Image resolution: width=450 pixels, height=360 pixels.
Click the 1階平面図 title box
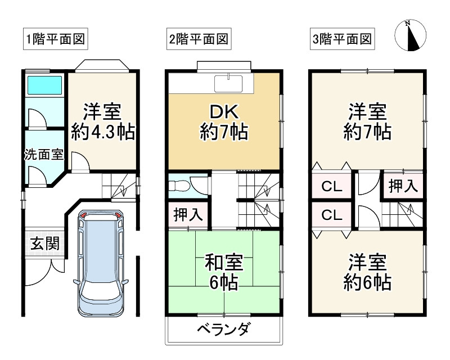click(55, 39)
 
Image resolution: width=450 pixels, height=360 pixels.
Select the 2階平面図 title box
click(199, 39)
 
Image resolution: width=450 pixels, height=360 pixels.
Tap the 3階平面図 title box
click(343, 39)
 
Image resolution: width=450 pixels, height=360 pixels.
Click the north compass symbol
click(411, 35)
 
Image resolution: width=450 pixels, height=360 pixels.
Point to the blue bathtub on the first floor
click(44, 85)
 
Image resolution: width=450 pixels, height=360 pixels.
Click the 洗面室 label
click(44, 155)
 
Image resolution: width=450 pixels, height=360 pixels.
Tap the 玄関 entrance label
click(45, 243)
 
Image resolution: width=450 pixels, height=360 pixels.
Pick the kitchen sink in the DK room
click(228, 84)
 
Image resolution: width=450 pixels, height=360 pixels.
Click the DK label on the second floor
click(224, 112)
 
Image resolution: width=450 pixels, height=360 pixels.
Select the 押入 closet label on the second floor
click(188, 214)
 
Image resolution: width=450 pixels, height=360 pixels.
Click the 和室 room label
click(224, 262)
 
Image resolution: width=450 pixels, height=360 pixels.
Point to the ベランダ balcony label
click(223, 329)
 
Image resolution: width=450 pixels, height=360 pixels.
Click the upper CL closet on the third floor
click(332, 187)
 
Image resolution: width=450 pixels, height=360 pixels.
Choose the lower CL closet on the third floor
click(332, 215)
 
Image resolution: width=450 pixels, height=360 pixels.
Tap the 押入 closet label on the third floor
click(403, 186)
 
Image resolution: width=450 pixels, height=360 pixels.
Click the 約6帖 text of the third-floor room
click(367, 282)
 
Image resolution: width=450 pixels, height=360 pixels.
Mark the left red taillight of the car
click(84, 215)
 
